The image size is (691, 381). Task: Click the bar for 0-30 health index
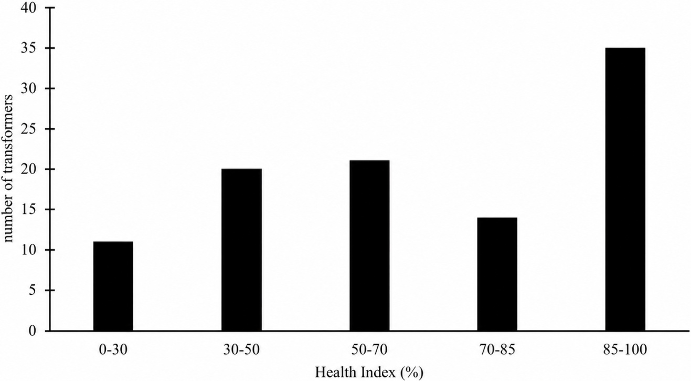(x=113, y=286)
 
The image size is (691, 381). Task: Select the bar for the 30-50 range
(x=241, y=250)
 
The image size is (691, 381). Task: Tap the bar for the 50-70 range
(x=369, y=245)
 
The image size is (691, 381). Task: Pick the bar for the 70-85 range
(x=497, y=274)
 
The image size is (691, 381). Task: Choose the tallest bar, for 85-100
(x=625, y=189)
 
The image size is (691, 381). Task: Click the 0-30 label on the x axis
(x=113, y=350)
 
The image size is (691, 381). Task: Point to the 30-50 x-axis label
(x=241, y=350)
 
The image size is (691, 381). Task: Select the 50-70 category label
(x=369, y=350)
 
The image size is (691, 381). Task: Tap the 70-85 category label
(x=497, y=350)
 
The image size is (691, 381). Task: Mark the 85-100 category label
(x=625, y=350)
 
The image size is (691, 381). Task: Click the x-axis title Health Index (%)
(x=369, y=373)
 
